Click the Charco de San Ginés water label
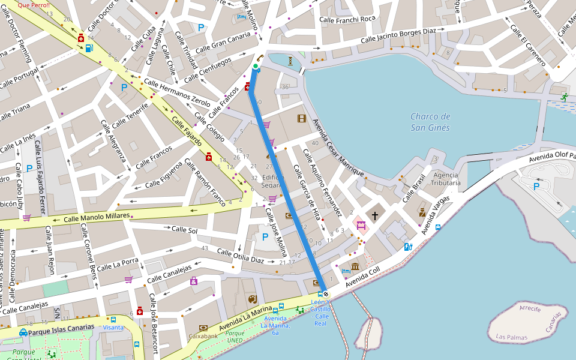(x=430, y=121)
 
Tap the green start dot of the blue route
(x=256, y=66)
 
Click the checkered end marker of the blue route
(x=325, y=294)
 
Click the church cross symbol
(x=375, y=215)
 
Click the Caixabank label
(x=203, y=336)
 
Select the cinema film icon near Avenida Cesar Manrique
(x=301, y=118)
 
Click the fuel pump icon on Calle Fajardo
(x=89, y=48)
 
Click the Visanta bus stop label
(x=113, y=327)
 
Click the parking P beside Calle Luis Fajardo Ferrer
(x=29, y=169)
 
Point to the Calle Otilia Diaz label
(x=240, y=256)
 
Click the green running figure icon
(x=564, y=97)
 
